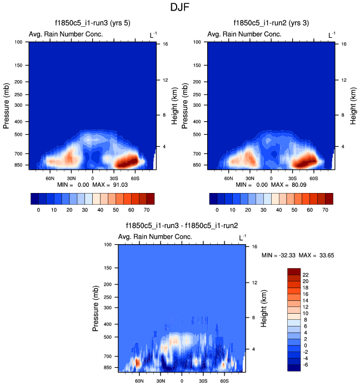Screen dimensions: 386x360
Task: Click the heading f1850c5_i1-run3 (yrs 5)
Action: (92, 23)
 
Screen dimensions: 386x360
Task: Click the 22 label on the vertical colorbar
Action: (306, 275)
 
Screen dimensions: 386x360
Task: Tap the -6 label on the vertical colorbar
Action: (306, 364)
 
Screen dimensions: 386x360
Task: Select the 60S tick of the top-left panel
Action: (134, 179)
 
